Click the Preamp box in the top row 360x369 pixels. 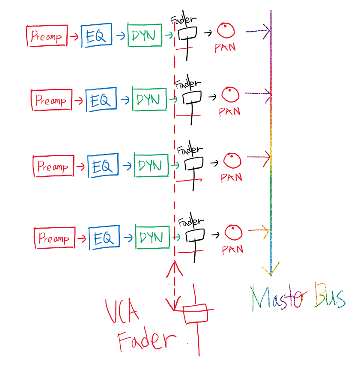[x=46, y=36]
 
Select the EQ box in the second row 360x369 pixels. [x=101, y=100]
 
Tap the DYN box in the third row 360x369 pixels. [x=151, y=165]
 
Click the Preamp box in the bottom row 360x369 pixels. [x=54, y=238]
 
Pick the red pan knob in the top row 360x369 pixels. [x=226, y=31]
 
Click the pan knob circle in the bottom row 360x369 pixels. [x=233, y=233]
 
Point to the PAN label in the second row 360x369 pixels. [x=229, y=112]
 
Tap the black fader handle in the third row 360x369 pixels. [x=193, y=163]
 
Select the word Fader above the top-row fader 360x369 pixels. [x=184, y=20]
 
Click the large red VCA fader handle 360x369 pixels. [x=195, y=314]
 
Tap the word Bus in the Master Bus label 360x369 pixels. [x=330, y=295]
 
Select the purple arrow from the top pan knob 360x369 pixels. [x=257, y=31]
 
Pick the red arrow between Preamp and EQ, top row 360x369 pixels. [x=74, y=36]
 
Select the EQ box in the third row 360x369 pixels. [x=103, y=166]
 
